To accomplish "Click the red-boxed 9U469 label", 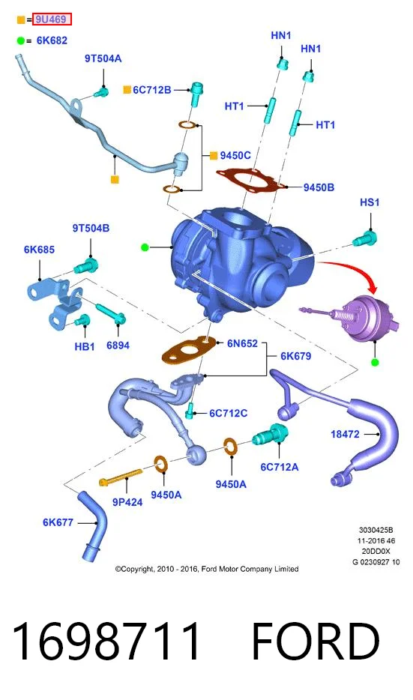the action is click(x=52, y=19).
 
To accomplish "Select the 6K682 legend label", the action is click(x=52, y=40).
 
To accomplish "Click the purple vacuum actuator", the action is click(x=358, y=318).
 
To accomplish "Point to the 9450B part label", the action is click(x=319, y=187).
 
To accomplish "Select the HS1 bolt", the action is click(x=365, y=239).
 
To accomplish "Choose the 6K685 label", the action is click(x=39, y=250).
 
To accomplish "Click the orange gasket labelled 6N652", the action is click(x=187, y=351).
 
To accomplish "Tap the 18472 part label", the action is click(x=345, y=434).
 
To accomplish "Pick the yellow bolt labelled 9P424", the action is click(x=121, y=477).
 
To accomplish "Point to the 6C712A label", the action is click(x=280, y=467).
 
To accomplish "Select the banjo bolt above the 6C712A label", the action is click(x=271, y=434).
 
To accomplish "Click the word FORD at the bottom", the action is click(x=316, y=642).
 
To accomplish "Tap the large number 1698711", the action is click(x=106, y=642).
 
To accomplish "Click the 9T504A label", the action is click(x=103, y=58).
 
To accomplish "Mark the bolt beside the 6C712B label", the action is click(x=196, y=94).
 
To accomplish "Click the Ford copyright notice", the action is click(x=207, y=569).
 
